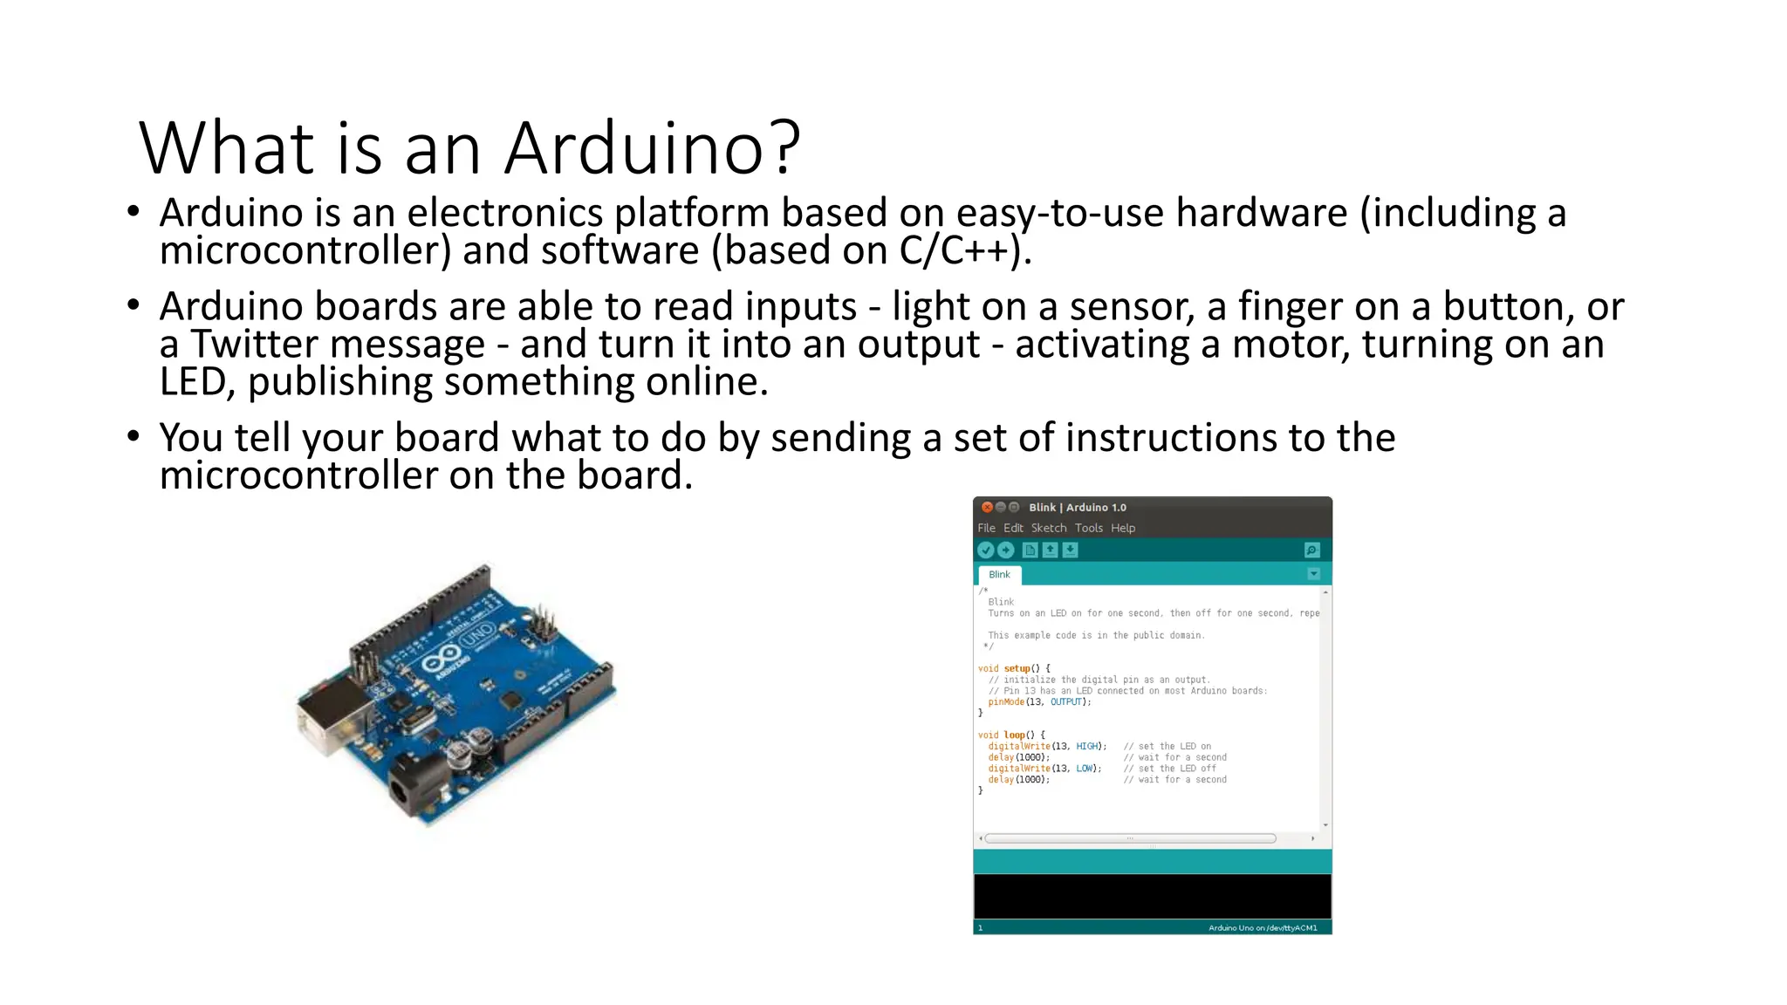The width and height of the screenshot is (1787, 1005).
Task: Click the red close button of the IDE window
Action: (x=987, y=507)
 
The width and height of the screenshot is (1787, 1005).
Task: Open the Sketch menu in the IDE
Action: (x=1049, y=528)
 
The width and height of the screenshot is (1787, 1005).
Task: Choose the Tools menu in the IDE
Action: (x=1089, y=528)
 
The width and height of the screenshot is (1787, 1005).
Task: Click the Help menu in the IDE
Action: (x=1123, y=528)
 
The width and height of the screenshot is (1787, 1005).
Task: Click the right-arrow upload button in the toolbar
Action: (x=1006, y=550)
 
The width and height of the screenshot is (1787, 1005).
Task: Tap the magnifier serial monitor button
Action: (x=1311, y=550)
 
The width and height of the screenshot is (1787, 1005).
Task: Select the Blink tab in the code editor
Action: (x=999, y=574)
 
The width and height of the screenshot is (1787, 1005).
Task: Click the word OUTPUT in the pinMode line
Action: (x=1066, y=701)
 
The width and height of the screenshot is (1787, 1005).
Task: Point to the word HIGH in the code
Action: (x=1087, y=746)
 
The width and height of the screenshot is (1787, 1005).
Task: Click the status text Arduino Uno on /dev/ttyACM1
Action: (x=1263, y=927)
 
